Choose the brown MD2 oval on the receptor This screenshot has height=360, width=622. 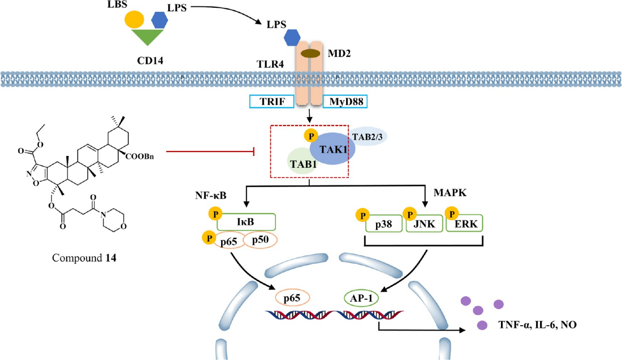(x=310, y=53)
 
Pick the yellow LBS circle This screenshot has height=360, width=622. (x=134, y=20)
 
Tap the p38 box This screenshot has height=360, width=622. (x=384, y=224)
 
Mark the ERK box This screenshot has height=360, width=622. (x=466, y=223)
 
